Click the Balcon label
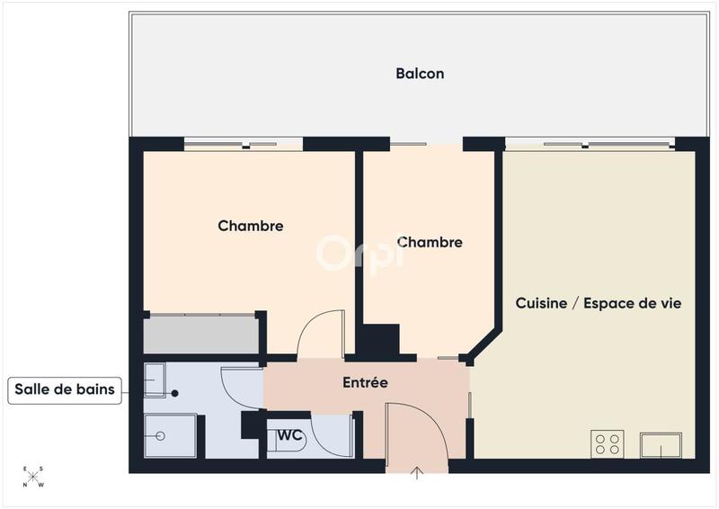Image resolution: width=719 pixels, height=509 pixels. point(420,74)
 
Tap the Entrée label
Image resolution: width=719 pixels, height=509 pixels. point(365,383)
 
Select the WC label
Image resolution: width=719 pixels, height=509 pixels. point(289,435)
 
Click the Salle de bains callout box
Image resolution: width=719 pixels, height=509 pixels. point(66,390)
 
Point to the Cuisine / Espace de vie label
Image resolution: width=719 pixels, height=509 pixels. point(598,303)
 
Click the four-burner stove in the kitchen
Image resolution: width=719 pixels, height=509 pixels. point(608,443)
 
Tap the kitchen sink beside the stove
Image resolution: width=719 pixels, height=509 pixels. point(661,444)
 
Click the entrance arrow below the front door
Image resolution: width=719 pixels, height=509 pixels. point(417,474)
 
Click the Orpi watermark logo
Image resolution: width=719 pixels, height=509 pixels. point(359,253)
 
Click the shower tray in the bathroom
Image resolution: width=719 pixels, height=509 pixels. point(169,436)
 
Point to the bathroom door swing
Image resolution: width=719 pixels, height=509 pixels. point(240,388)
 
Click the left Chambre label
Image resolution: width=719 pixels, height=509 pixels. point(251,226)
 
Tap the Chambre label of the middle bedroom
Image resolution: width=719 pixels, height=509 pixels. point(430,242)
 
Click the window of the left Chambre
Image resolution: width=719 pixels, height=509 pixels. point(243,143)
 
